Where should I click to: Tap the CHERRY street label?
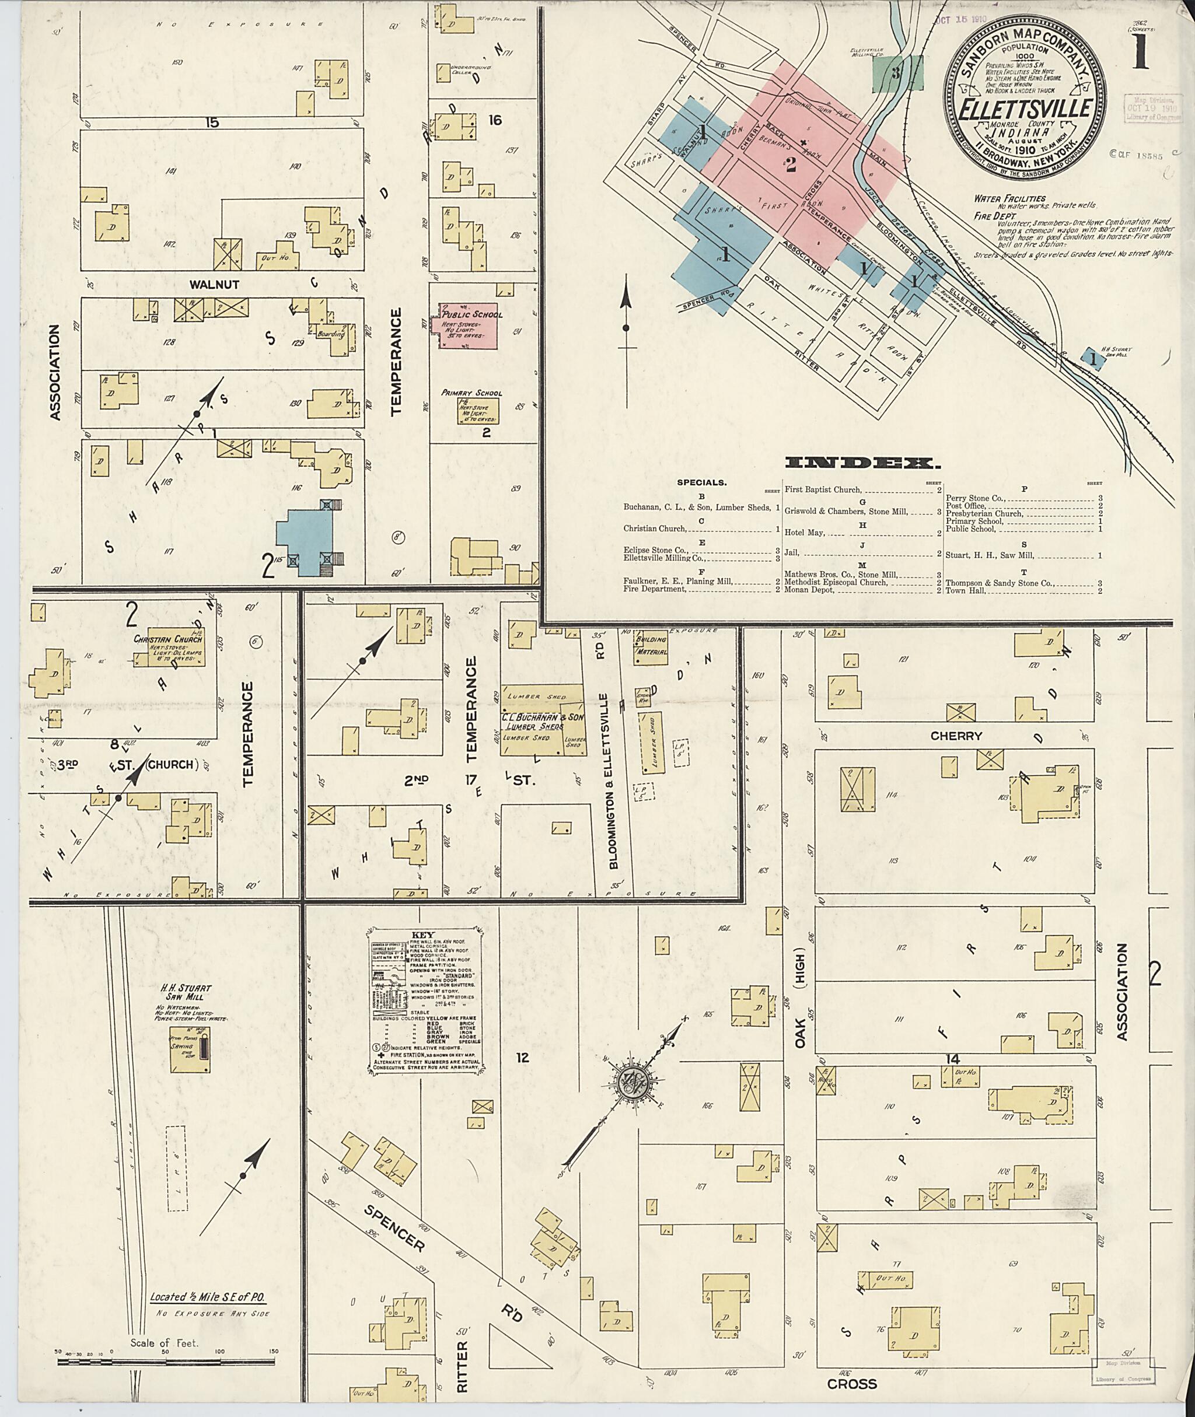(x=956, y=736)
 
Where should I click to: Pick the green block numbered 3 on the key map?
(x=897, y=73)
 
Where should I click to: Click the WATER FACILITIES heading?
(x=1009, y=198)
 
